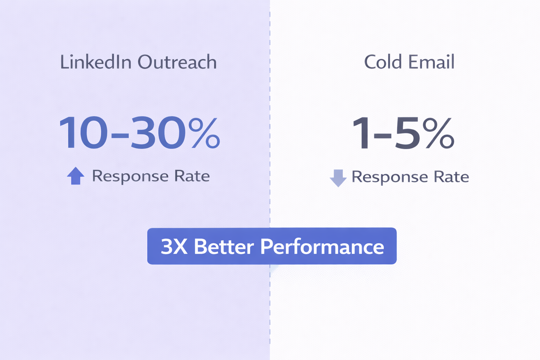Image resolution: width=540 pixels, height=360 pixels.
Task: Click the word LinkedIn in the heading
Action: pos(96,62)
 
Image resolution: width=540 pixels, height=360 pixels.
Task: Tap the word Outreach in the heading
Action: pos(177,62)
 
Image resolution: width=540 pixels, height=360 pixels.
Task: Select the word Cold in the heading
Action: pos(383,62)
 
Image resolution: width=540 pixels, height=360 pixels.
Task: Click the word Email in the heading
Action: pos(431,62)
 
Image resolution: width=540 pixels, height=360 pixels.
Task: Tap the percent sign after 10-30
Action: pos(204,133)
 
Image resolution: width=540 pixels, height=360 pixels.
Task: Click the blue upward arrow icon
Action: pos(76,176)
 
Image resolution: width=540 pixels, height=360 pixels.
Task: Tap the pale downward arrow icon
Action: pos(338,178)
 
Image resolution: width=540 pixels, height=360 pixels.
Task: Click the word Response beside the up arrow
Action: pos(130,176)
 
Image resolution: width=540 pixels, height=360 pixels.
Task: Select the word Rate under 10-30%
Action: pos(192,176)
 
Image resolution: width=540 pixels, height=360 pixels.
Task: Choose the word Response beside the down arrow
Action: pos(390,177)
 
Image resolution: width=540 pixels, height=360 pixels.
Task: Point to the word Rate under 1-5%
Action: pos(451,177)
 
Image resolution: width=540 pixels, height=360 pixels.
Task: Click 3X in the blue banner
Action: pos(174,246)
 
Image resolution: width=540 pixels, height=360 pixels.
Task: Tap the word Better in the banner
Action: pos(224,246)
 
